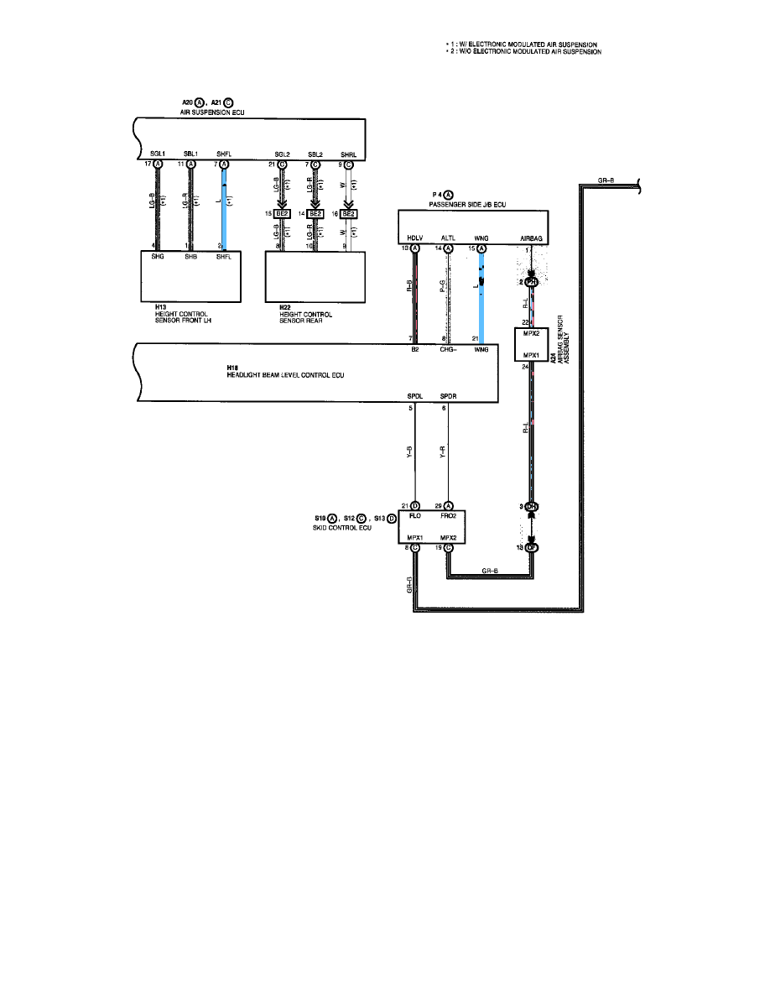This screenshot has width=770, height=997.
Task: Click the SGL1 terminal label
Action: point(157,154)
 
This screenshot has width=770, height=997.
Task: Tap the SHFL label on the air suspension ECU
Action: point(224,154)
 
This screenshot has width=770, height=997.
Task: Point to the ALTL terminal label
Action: point(448,238)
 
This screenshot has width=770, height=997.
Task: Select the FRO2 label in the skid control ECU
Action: point(449,517)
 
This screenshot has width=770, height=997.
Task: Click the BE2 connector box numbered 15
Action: point(282,214)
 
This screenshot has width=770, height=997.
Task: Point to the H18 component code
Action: point(233,368)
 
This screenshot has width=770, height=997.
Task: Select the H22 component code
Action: point(285,308)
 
